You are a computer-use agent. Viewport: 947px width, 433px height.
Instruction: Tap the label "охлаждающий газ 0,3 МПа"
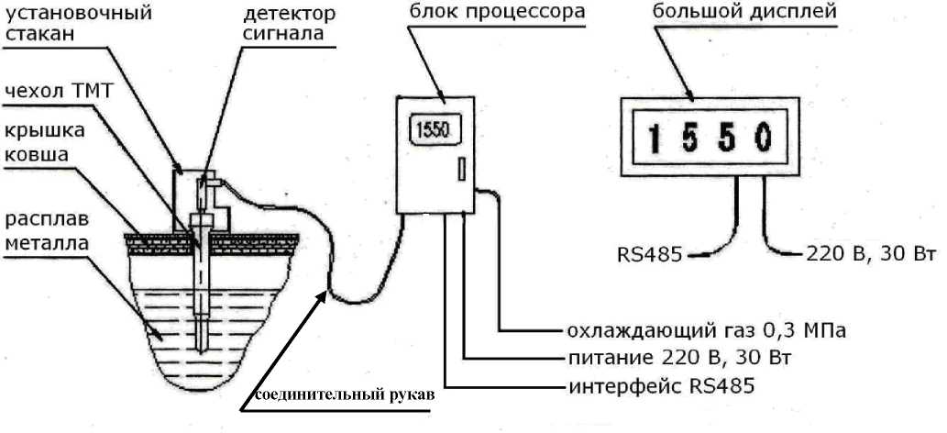[x=705, y=329]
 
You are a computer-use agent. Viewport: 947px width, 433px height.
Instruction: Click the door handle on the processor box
[x=460, y=168]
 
